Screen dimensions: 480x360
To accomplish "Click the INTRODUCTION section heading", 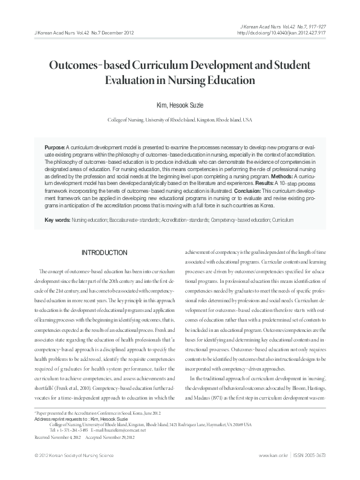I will pyautogui.click(x=105, y=252).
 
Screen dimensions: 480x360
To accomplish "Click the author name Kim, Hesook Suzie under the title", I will pyautogui.click(x=179, y=105).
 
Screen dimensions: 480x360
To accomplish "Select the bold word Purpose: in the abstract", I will pyautogui.click(x=56, y=148).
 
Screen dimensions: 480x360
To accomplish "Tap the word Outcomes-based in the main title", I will pyautogui.click(x=104, y=64).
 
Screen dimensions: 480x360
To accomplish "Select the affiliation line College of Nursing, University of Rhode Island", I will pyautogui.click(x=179, y=120).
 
